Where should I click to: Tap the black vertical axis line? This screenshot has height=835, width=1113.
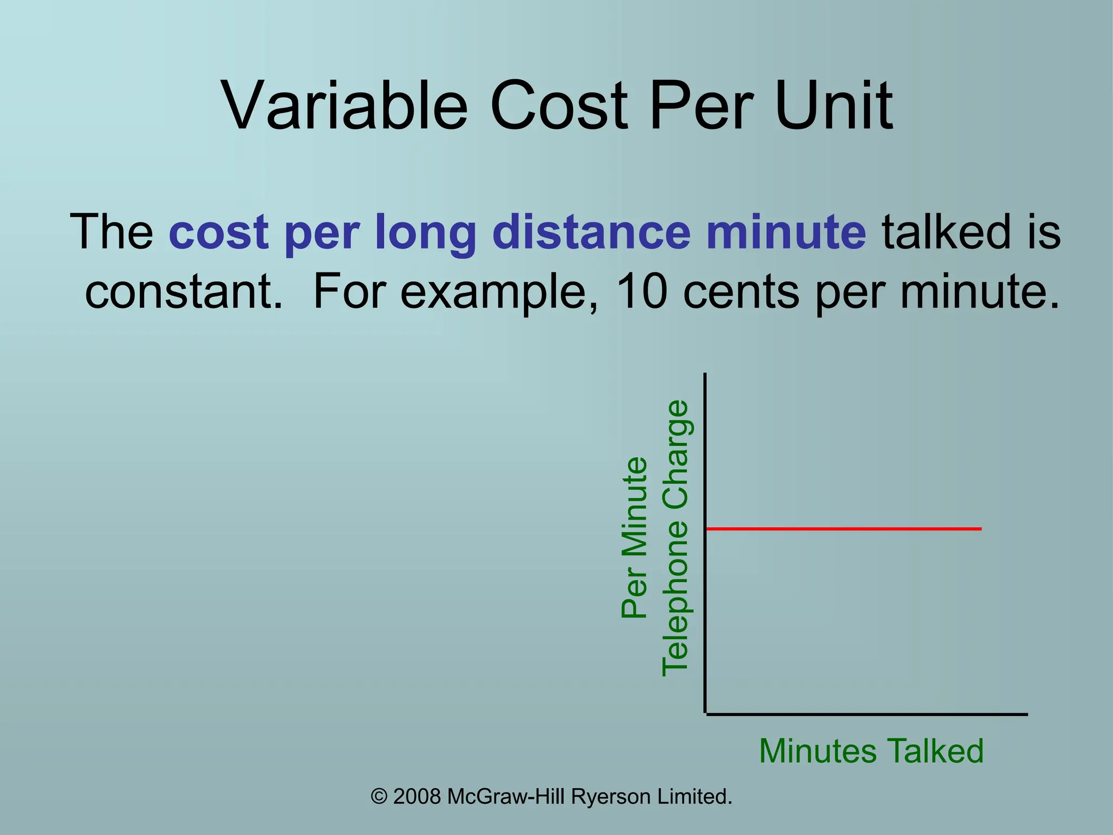click(x=705, y=544)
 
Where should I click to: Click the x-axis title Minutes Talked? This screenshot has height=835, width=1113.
click(x=871, y=751)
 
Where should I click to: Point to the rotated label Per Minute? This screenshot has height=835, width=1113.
click(x=635, y=538)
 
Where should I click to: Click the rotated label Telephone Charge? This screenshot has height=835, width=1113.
click(x=676, y=538)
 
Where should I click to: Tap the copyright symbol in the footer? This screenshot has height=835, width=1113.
click(x=379, y=797)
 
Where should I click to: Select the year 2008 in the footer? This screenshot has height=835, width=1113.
click(x=417, y=797)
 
